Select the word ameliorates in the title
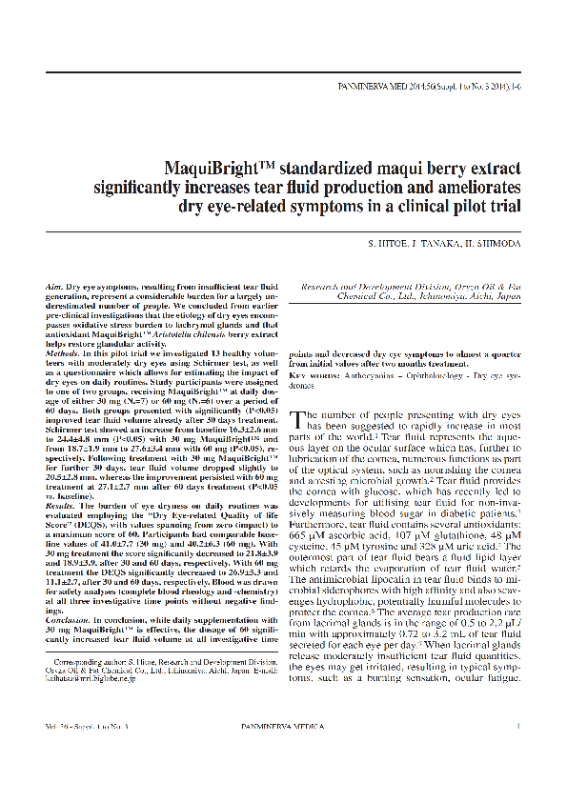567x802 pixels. (473, 186)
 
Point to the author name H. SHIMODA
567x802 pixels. (492, 244)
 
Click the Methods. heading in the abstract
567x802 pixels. (63, 352)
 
